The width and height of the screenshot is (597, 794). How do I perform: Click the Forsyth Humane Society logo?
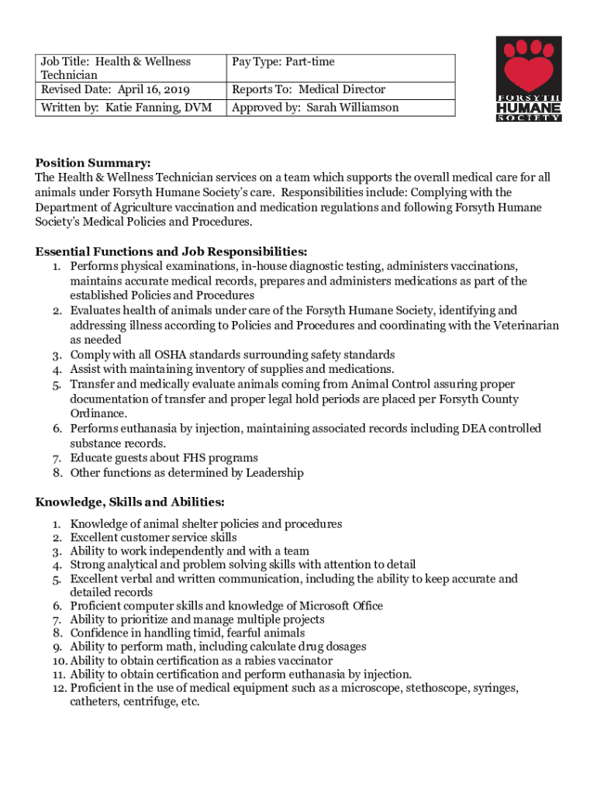(528, 79)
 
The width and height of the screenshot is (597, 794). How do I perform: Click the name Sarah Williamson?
(353, 107)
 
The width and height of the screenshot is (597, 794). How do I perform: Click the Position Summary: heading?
(93, 163)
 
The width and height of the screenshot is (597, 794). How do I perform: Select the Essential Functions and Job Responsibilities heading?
(171, 251)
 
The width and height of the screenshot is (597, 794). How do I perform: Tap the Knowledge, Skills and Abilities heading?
(130, 502)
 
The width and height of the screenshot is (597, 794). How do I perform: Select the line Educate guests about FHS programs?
(164, 458)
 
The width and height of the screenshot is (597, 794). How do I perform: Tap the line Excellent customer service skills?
(154, 537)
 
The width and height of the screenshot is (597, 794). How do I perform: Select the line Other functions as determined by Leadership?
(187, 473)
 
